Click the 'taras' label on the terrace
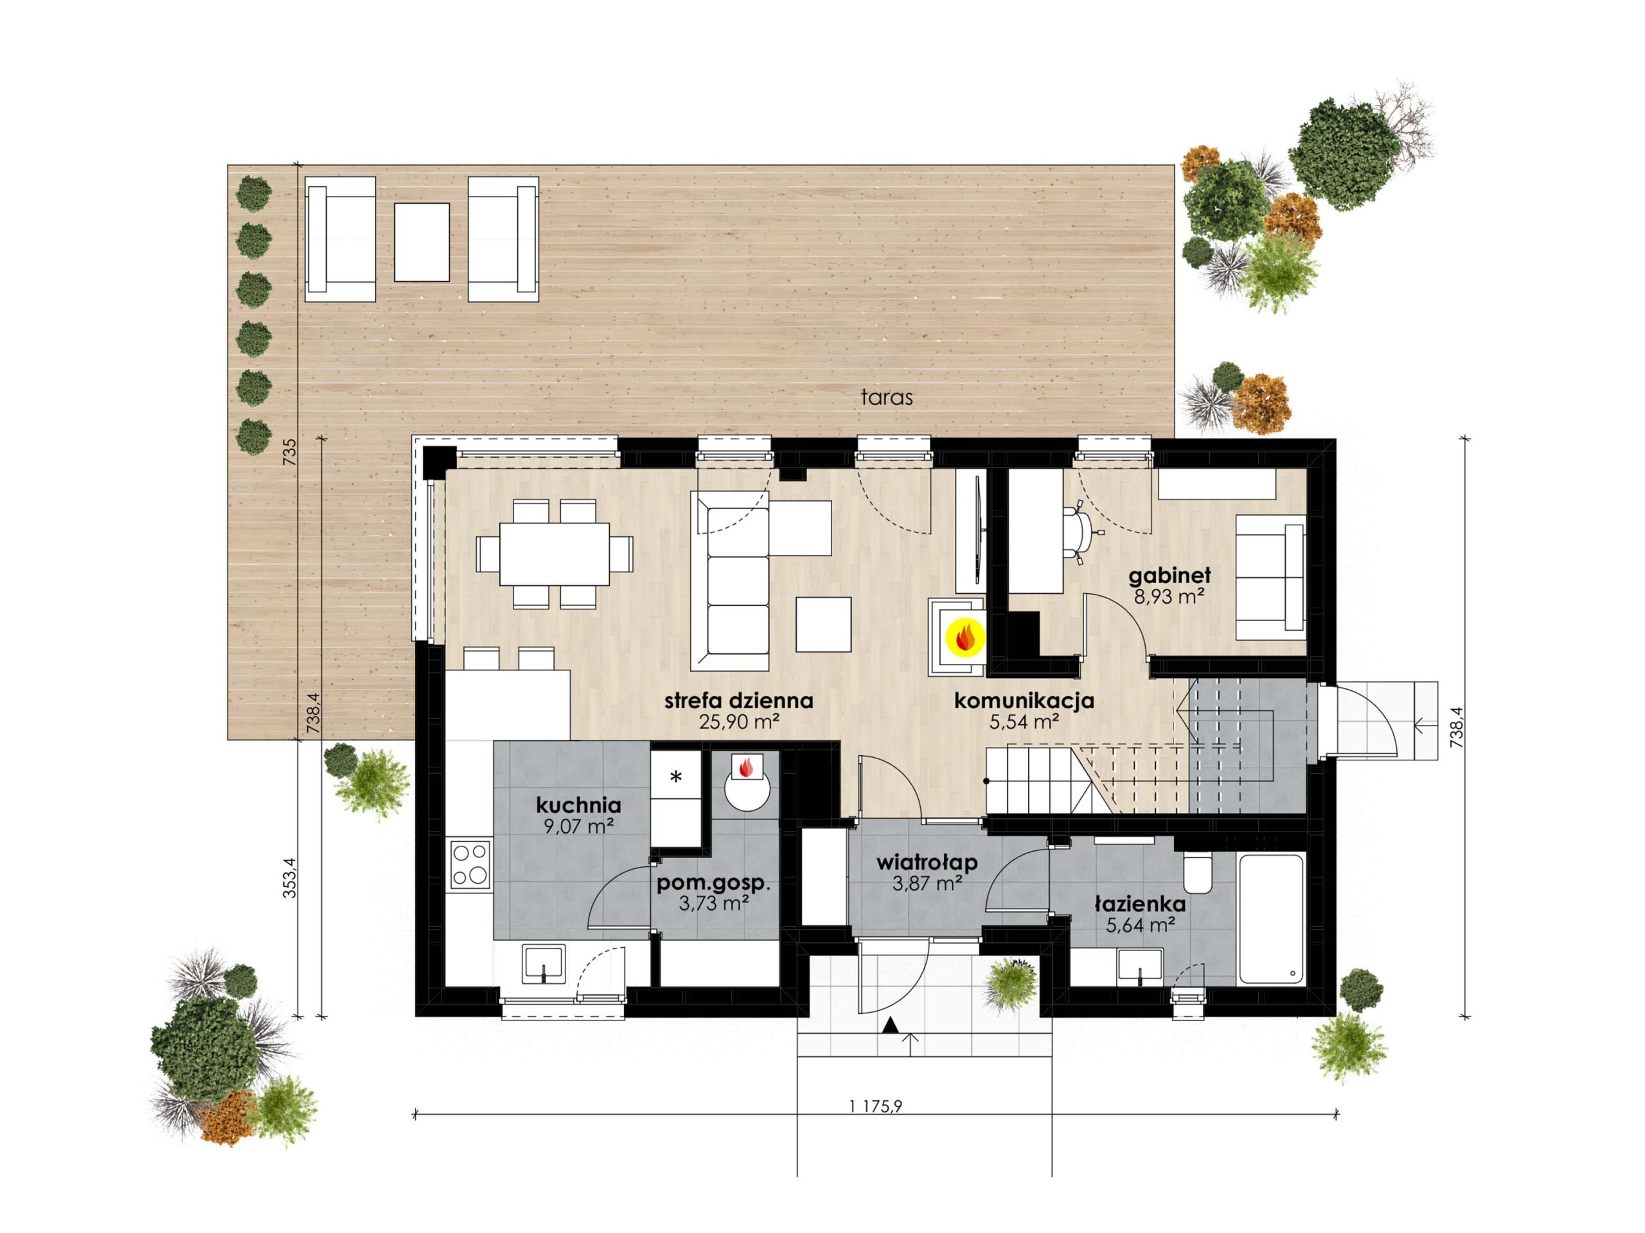pyautogui.click(x=887, y=398)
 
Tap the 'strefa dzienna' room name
pyautogui.click(x=738, y=701)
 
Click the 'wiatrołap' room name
pyautogui.click(x=927, y=863)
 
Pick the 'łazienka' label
pyautogui.click(x=1140, y=904)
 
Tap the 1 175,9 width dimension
pyautogui.click(x=875, y=1106)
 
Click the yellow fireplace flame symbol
pyautogui.click(x=965, y=637)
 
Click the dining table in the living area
pyautogui.click(x=555, y=554)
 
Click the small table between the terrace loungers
pyautogui.click(x=422, y=241)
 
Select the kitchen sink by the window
pyautogui.click(x=544, y=965)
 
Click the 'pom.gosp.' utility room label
pyautogui.click(x=713, y=885)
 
